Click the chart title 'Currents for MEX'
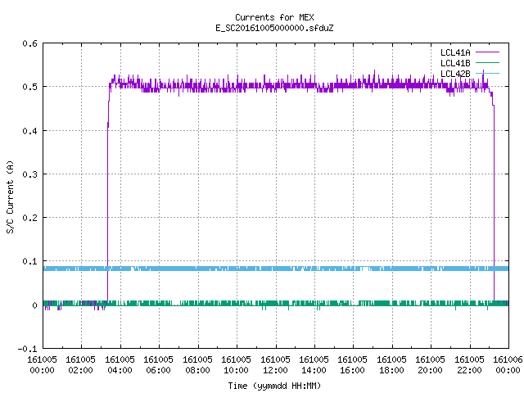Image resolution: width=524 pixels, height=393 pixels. (274, 17)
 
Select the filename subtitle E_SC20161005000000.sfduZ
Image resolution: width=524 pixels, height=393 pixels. (274, 28)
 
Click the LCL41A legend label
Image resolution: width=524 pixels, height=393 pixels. (455, 52)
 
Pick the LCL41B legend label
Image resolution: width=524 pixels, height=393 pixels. (455, 63)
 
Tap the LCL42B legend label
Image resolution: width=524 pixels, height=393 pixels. (455, 74)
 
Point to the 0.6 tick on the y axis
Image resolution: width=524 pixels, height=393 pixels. (29, 43)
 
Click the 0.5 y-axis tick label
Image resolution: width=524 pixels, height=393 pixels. (29, 87)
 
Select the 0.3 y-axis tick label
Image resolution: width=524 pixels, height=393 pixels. (29, 174)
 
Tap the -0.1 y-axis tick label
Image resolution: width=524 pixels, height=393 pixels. (27, 349)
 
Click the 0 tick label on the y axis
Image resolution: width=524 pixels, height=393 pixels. (34, 305)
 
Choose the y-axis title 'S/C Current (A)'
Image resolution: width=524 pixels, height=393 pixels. (10, 197)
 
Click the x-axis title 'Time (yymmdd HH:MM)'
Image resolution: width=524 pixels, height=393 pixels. (274, 386)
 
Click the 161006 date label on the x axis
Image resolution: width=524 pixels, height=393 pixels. (508, 359)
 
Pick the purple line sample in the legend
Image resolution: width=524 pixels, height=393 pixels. (487, 52)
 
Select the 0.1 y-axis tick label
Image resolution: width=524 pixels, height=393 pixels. (29, 262)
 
